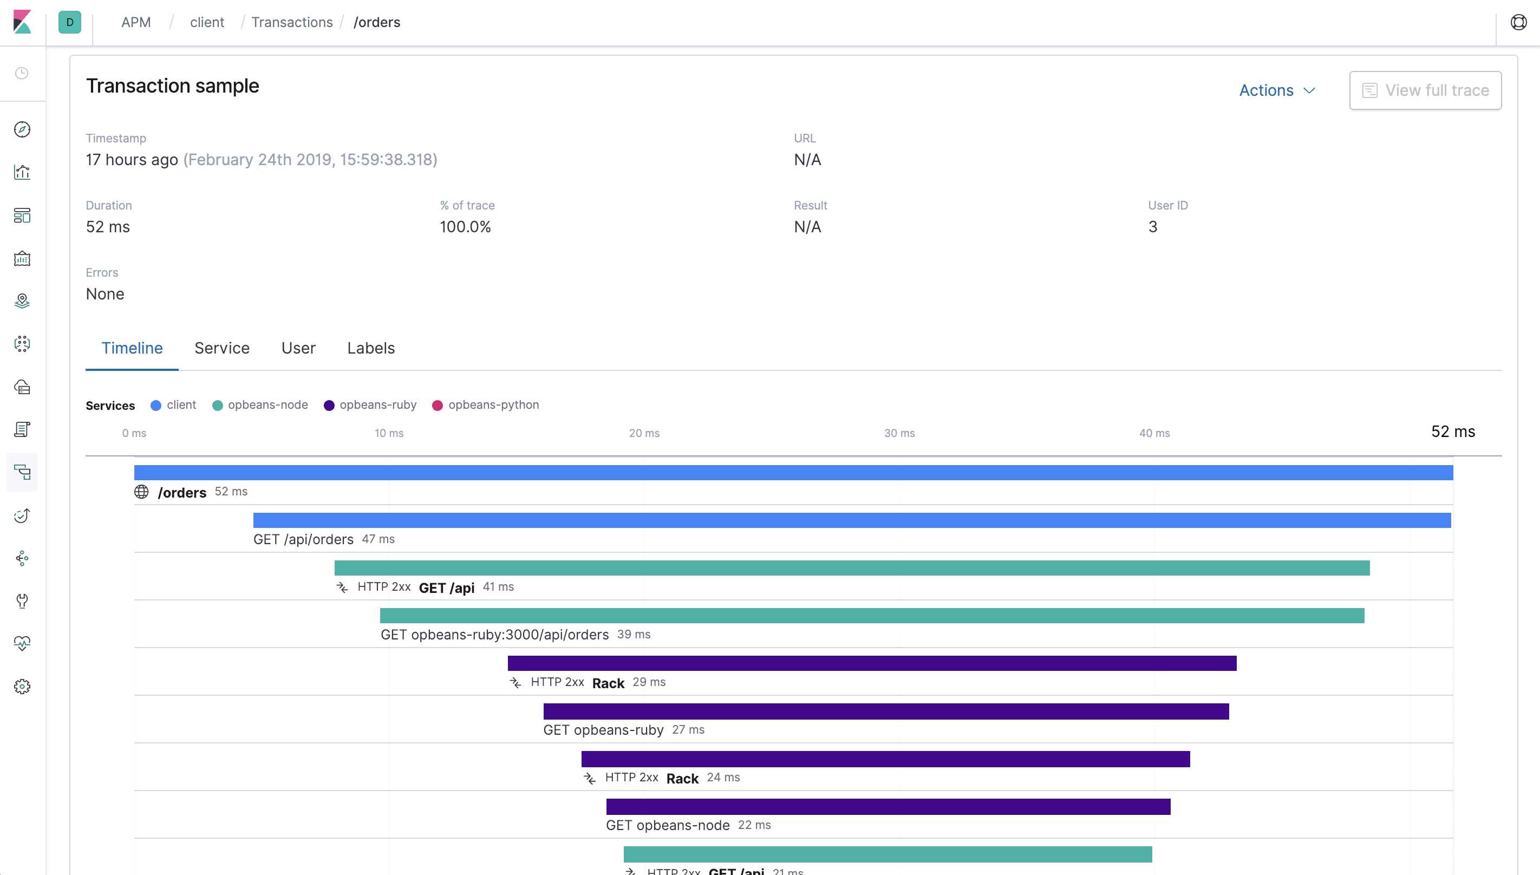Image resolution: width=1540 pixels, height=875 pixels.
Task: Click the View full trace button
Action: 1425,90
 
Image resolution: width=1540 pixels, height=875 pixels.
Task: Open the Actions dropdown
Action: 1277,90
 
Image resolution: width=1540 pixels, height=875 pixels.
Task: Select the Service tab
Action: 221,348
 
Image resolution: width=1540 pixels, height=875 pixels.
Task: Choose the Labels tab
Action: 371,348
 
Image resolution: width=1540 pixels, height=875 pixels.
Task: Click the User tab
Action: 298,348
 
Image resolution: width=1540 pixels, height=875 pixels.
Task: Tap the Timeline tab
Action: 132,348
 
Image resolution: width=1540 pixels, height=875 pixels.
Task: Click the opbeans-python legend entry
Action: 493,405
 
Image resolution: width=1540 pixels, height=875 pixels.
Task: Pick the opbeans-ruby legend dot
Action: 329,406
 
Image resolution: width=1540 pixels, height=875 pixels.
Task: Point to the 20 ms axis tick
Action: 644,433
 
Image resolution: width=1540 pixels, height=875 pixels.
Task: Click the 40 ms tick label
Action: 1154,433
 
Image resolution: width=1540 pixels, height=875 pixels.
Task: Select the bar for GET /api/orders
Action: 851,520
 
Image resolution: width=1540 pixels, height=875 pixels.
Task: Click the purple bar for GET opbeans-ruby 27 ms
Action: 886,711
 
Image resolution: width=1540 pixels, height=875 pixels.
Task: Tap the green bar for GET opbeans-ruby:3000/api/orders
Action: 871,616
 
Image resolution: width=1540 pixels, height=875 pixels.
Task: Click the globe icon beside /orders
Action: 141,492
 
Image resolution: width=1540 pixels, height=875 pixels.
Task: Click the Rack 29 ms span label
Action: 608,683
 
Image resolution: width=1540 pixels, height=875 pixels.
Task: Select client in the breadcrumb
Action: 207,22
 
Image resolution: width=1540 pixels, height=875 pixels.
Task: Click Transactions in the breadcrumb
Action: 291,22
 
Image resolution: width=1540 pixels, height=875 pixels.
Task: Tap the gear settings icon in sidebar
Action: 22,686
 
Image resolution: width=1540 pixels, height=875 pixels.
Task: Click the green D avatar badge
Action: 70,22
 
